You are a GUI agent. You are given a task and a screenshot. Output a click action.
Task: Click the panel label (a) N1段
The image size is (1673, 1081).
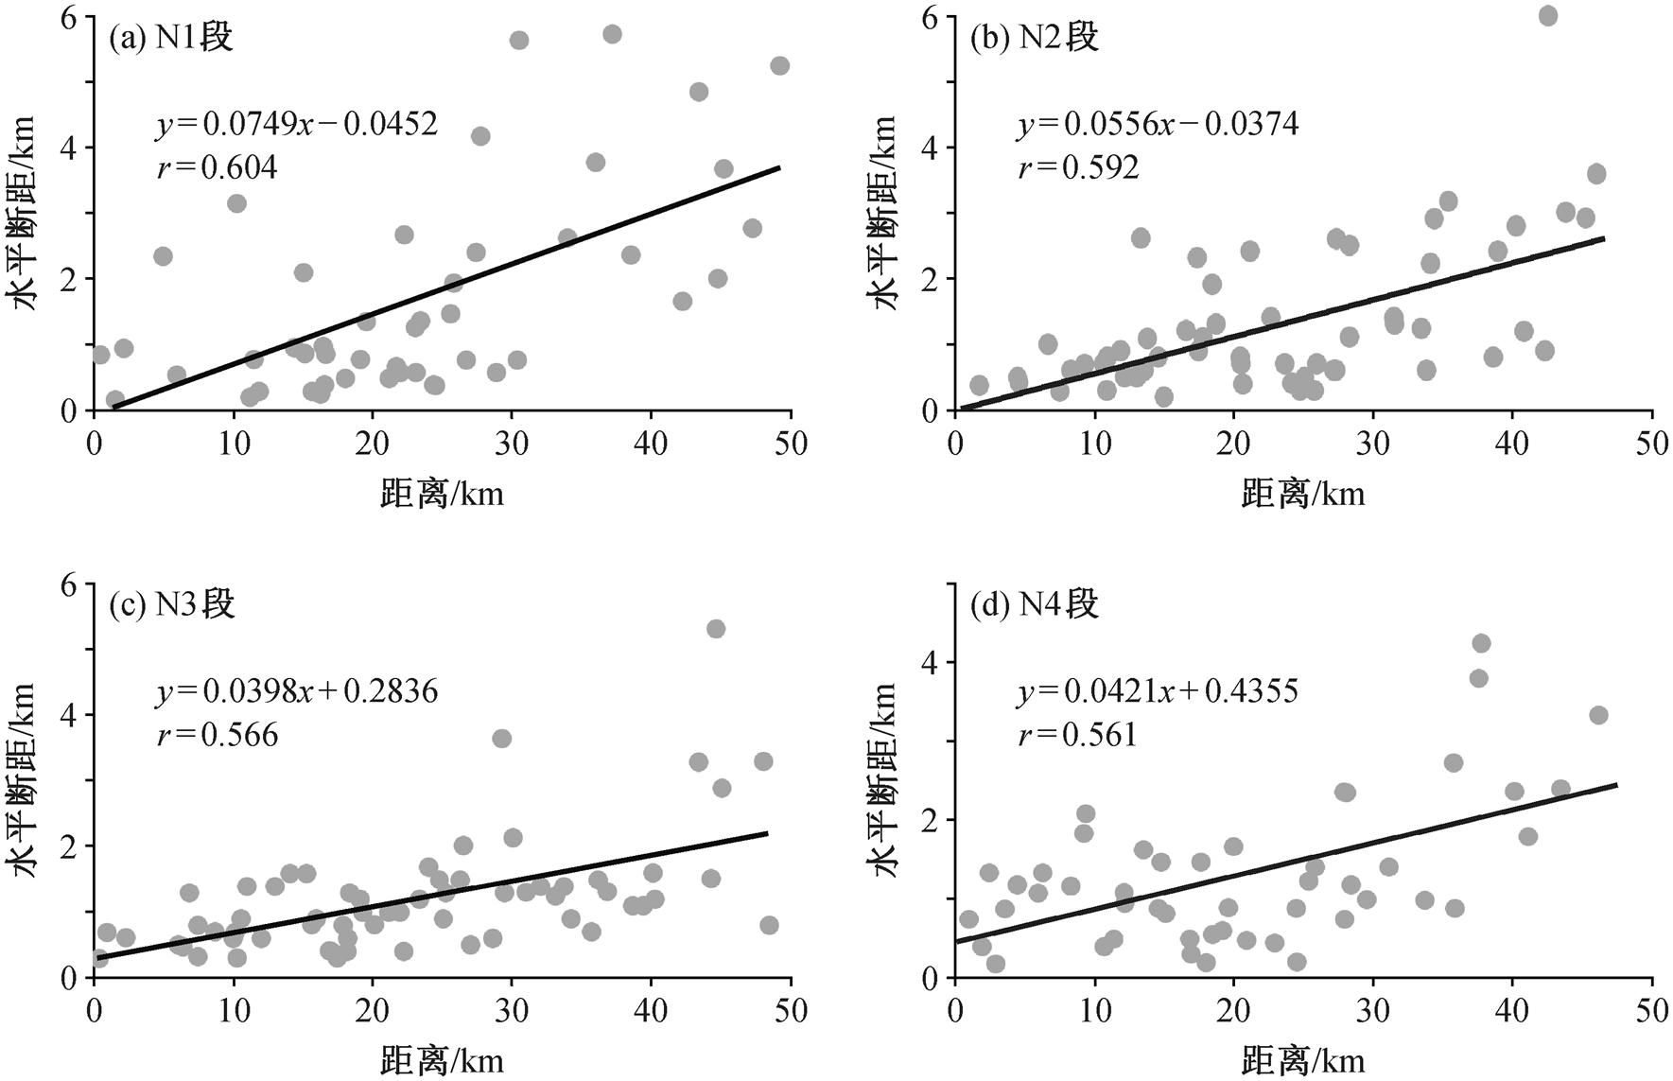coord(171,38)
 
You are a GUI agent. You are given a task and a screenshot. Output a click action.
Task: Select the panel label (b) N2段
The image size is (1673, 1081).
coord(1035,38)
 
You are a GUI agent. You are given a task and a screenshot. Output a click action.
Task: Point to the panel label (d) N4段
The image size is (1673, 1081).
coord(1035,604)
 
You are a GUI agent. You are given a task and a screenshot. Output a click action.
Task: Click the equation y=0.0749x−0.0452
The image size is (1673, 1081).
coord(297,124)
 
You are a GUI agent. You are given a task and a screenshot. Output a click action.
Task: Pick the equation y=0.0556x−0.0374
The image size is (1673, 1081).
coord(1159,124)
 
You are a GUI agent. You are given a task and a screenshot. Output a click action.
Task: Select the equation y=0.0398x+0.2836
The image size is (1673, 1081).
coord(297,691)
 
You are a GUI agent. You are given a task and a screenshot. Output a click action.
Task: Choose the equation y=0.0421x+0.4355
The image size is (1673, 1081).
coord(1159,691)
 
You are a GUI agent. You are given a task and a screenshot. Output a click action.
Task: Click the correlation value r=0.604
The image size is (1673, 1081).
coord(218,167)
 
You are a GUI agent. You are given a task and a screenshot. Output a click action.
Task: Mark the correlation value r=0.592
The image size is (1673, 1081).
coord(1079,167)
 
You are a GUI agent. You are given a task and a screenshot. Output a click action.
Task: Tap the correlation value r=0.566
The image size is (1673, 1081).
coord(218,735)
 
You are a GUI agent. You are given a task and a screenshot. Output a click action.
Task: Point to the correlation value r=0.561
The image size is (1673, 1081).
coord(1077,735)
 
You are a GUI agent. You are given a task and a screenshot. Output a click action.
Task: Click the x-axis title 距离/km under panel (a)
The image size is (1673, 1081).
coord(443,493)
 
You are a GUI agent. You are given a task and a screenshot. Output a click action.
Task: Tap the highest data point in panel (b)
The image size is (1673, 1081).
coord(1548,16)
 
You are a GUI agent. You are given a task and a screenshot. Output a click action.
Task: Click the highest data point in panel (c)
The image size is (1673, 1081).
coord(716,629)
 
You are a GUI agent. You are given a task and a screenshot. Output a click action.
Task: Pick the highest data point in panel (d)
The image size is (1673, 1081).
coord(1481,644)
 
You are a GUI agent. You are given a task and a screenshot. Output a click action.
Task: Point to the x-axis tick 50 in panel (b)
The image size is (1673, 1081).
coord(1652,444)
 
